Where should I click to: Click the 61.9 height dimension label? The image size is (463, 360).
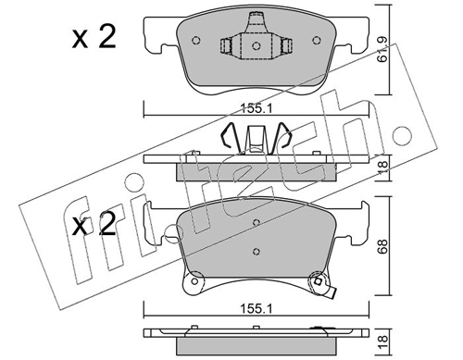click(x=383, y=50)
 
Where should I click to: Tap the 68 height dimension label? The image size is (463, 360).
click(x=383, y=246)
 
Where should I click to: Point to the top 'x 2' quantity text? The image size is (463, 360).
click(x=94, y=38)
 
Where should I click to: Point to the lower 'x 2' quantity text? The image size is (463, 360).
click(x=94, y=224)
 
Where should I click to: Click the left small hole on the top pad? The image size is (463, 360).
click(x=196, y=41)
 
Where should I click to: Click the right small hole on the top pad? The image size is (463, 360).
click(x=317, y=41)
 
